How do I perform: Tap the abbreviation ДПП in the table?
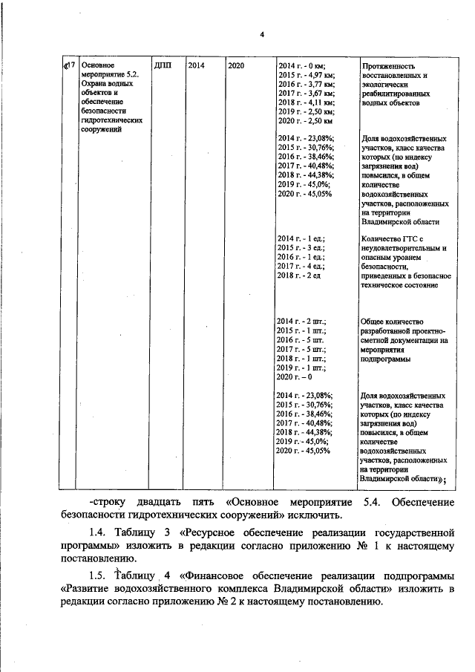[x=163, y=66]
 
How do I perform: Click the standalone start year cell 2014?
[x=197, y=66]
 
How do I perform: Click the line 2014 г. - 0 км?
[x=301, y=67]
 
